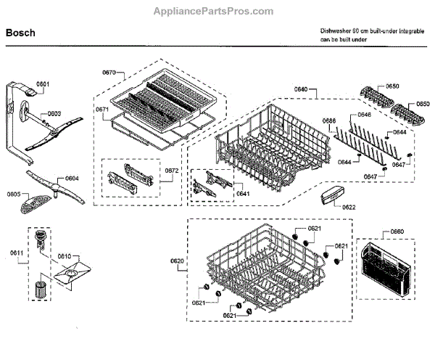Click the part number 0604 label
(72, 179)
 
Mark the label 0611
(17, 253)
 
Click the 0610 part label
(65, 257)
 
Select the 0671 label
(102, 110)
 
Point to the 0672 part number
(172, 171)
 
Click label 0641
(243, 194)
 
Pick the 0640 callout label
(301, 89)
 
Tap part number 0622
(349, 208)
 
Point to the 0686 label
(329, 120)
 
